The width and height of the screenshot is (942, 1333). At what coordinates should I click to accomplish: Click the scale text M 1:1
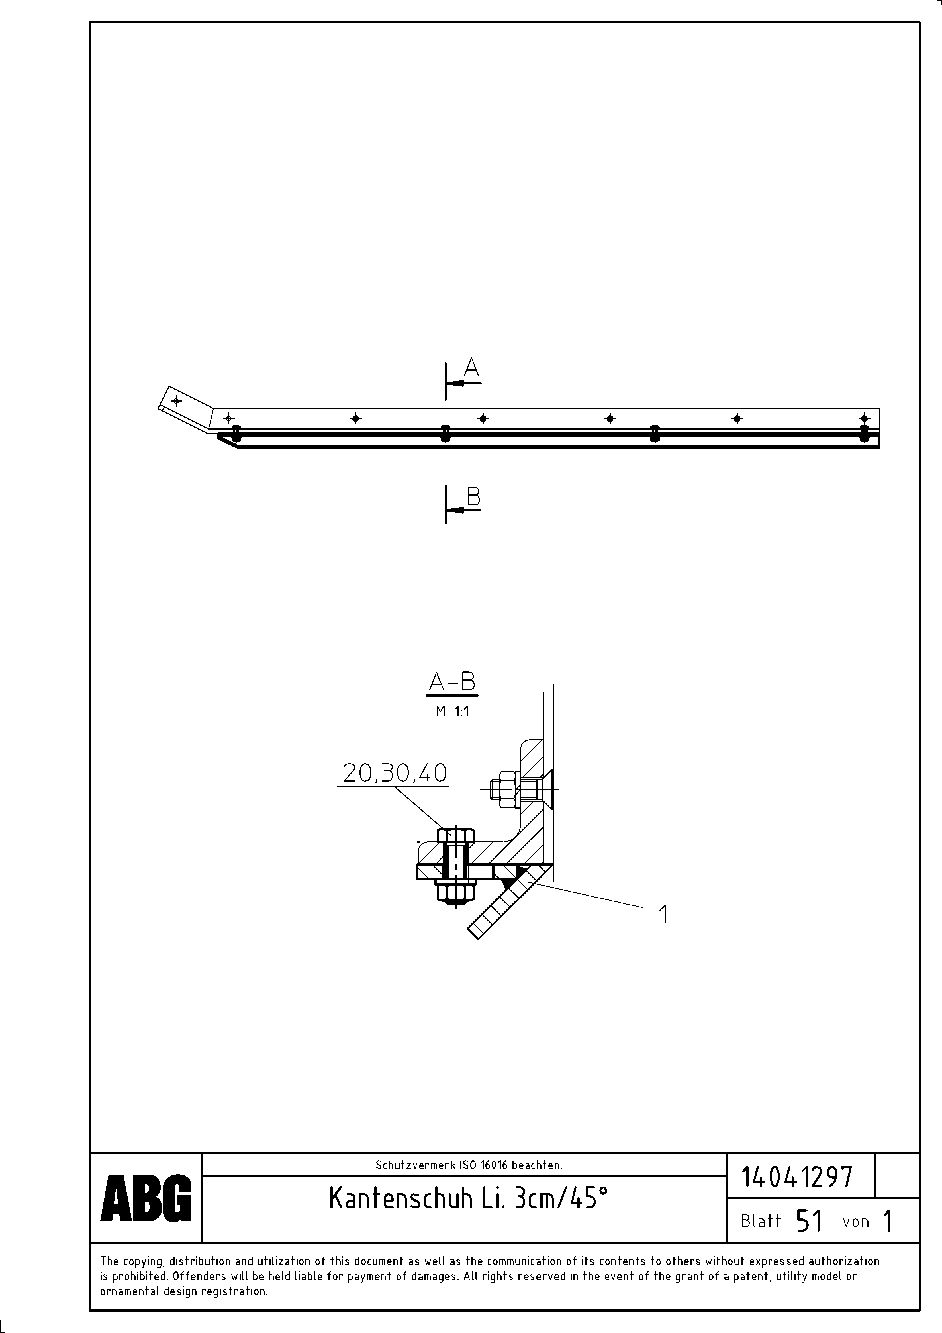pyautogui.click(x=452, y=712)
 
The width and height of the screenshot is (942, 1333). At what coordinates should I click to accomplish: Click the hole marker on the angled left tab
pyautogui.click(x=176, y=401)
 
